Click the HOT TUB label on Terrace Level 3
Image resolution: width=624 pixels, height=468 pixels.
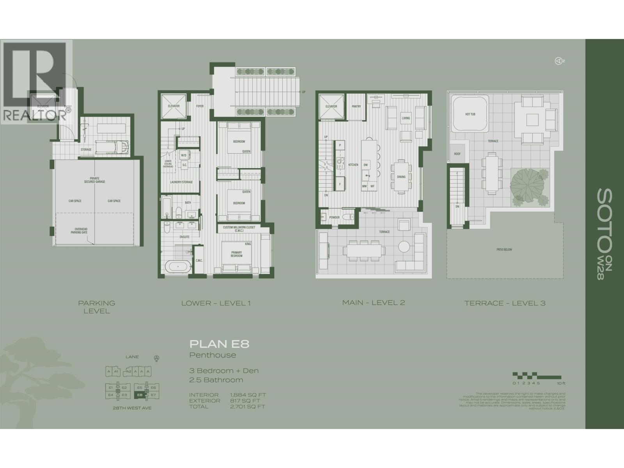pyautogui.click(x=470, y=114)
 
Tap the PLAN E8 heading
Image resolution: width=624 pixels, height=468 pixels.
pyautogui.click(x=219, y=344)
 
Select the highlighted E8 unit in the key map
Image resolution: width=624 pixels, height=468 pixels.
pyautogui.click(x=139, y=395)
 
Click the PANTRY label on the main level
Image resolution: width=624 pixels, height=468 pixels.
pyautogui.click(x=356, y=106)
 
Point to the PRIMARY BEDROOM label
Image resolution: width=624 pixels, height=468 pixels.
pyautogui.click(x=236, y=254)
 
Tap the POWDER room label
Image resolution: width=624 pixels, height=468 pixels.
pyautogui.click(x=334, y=217)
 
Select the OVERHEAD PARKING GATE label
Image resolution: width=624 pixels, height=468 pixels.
pyautogui.click(x=81, y=231)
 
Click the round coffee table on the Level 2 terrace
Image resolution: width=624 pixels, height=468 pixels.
pyautogui.click(x=404, y=247)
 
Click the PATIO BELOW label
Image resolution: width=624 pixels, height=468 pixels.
pyautogui.click(x=504, y=250)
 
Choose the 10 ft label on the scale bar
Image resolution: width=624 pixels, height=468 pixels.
pyautogui.click(x=561, y=383)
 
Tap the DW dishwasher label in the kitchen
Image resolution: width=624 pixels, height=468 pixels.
pyautogui.click(x=365, y=165)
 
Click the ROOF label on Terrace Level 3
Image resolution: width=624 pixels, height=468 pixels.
pyautogui.click(x=457, y=154)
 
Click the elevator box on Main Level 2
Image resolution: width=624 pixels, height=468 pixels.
pyautogui.click(x=331, y=106)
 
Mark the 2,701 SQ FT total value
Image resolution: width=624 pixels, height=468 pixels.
pyautogui.click(x=247, y=406)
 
